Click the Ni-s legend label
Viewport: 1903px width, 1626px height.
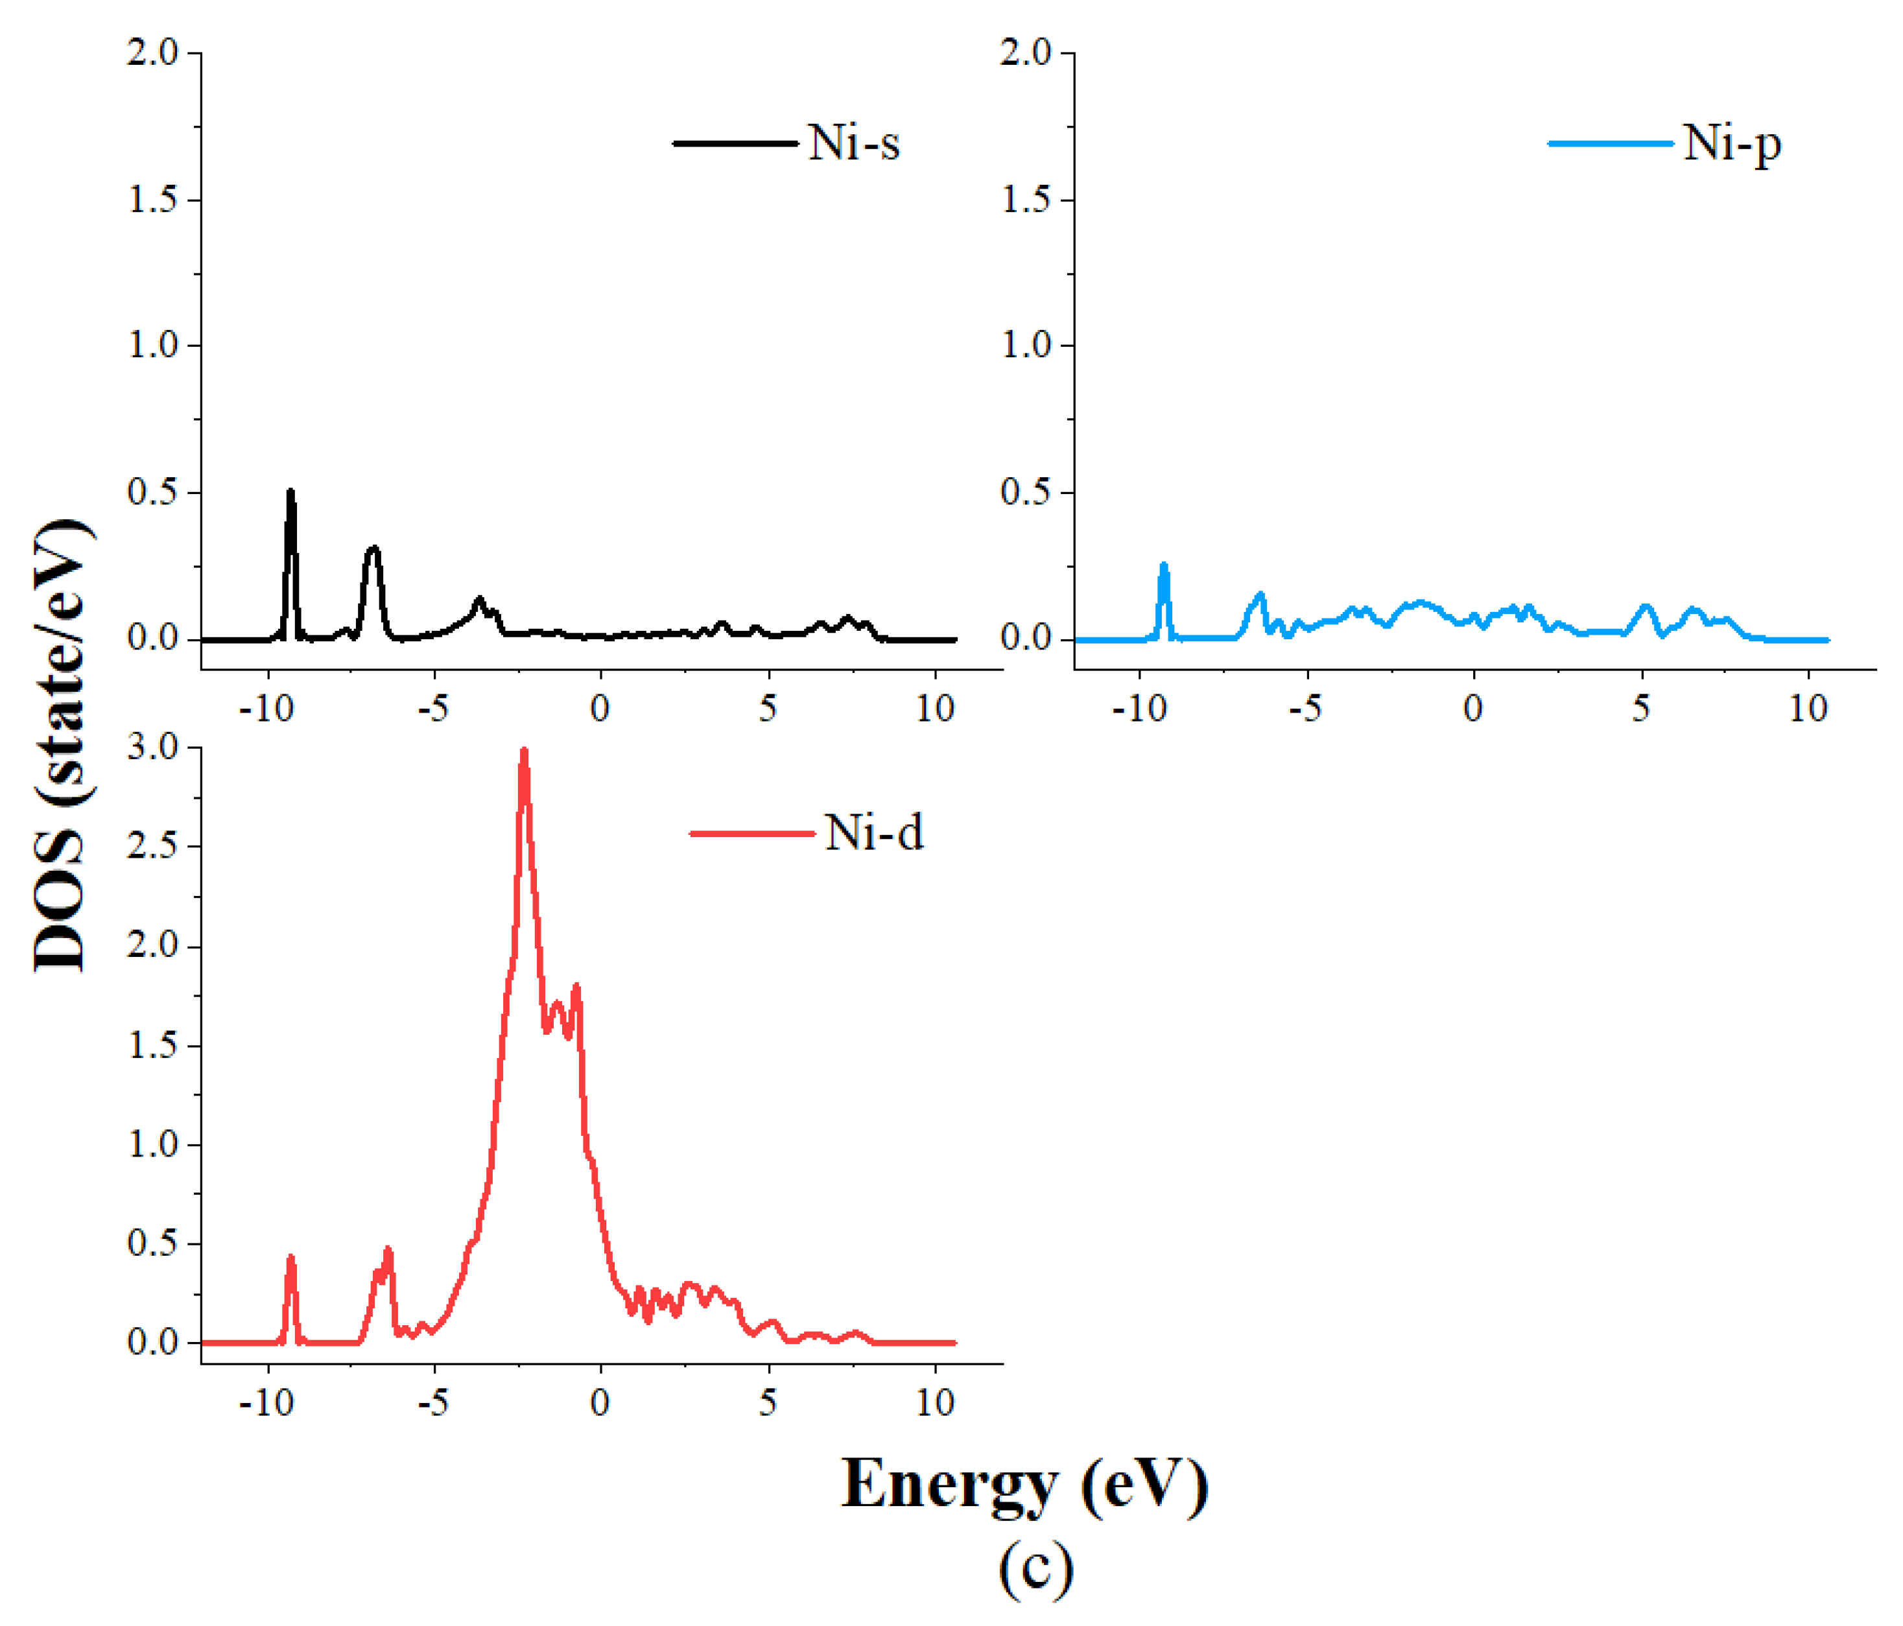click(x=853, y=143)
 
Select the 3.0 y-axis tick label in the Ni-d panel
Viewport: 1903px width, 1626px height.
click(x=152, y=748)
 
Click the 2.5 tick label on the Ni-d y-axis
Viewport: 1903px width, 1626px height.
click(x=152, y=847)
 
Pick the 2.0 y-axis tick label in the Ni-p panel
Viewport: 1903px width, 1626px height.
click(x=1026, y=53)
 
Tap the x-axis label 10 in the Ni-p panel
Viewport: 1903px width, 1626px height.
click(x=1808, y=708)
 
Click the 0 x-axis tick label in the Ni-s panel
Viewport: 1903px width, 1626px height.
click(x=600, y=708)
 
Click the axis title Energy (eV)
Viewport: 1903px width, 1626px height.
click(x=1024, y=1485)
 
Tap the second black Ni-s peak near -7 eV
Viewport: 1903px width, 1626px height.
click(x=373, y=550)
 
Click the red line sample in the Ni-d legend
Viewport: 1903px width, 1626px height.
click(x=751, y=834)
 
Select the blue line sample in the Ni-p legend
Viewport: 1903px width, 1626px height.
click(x=1610, y=144)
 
